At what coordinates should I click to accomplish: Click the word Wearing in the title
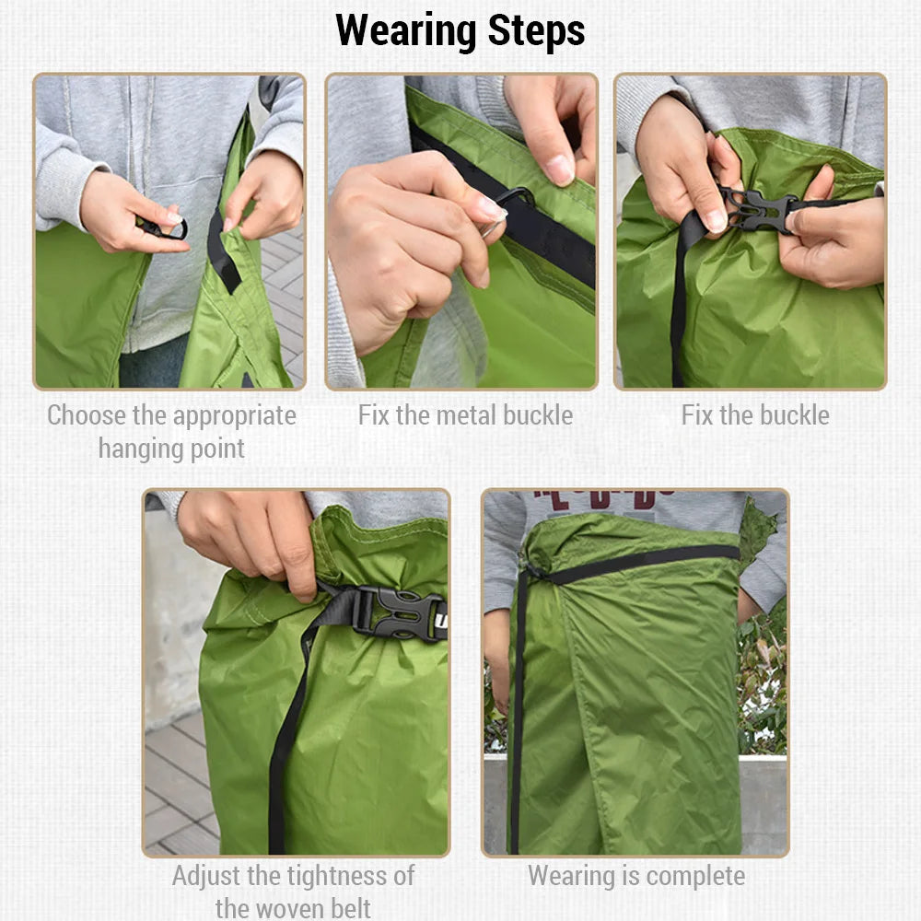click(406, 30)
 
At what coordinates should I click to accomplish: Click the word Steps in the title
click(536, 30)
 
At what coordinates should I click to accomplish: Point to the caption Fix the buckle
click(755, 415)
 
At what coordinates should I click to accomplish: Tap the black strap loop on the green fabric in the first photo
click(223, 251)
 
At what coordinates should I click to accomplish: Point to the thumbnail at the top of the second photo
click(557, 169)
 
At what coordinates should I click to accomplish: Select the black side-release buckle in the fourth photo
click(400, 613)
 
